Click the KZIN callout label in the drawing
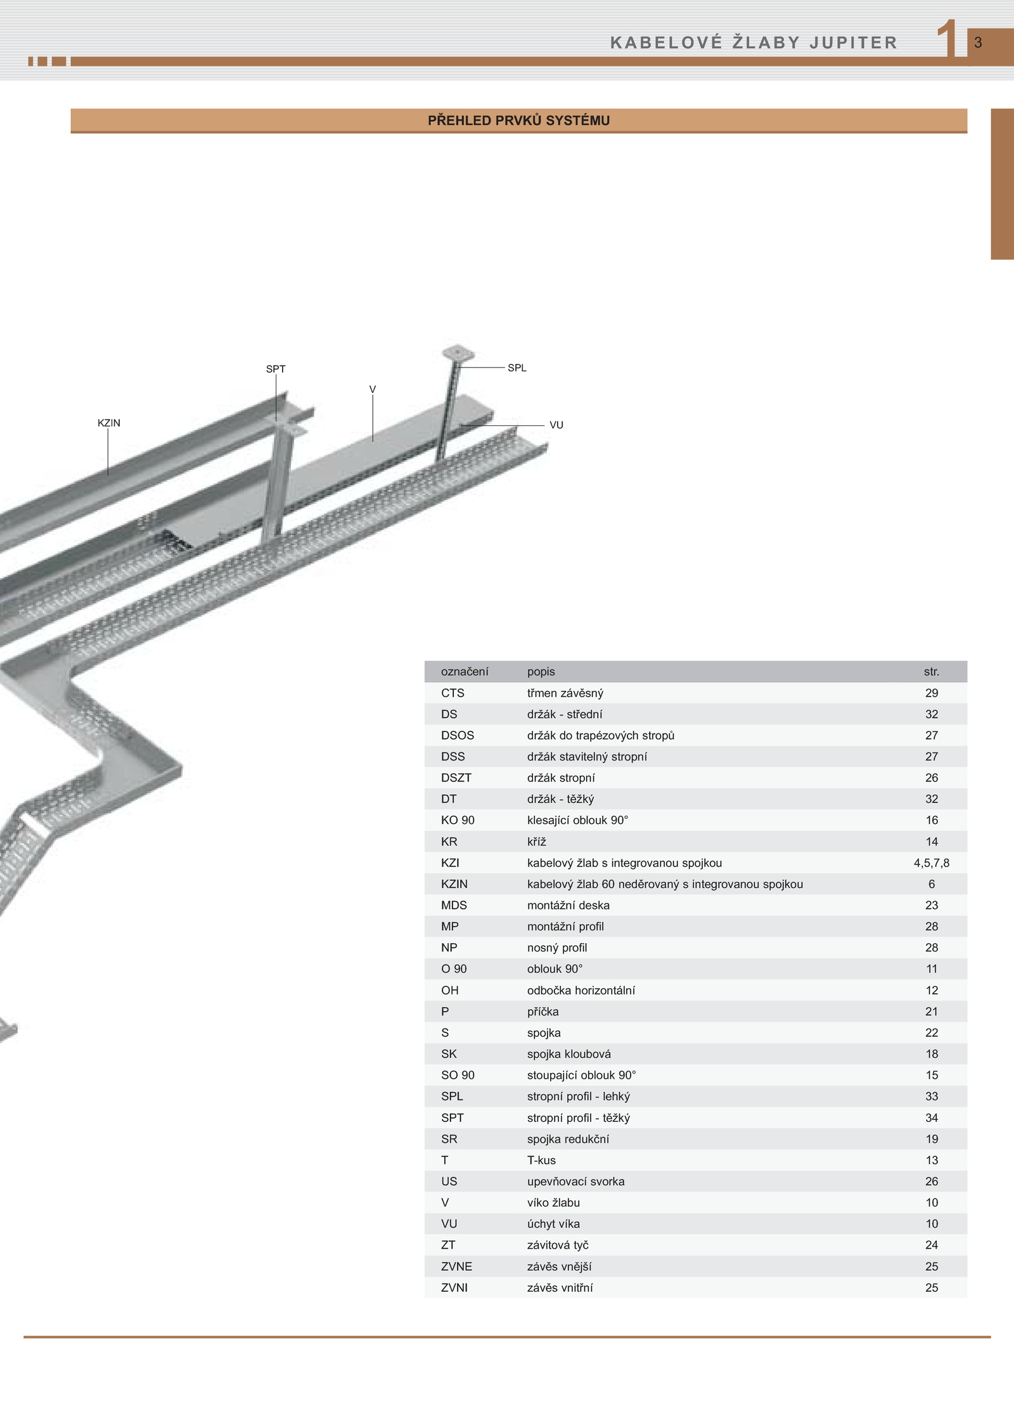(x=109, y=423)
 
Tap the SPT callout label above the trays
(x=276, y=369)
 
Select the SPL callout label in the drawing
(x=517, y=368)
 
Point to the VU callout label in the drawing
(x=556, y=425)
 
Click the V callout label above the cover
(x=373, y=389)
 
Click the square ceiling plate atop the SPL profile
(x=458, y=353)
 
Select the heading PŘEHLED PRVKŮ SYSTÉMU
(x=518, y=120)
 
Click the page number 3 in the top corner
(x=978, y=42)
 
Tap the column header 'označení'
(x=465, y=671)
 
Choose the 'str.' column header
(x=932, y=671)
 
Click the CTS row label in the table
(x=452, y=693)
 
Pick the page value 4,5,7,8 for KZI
(x=932, y=863)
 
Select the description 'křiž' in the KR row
(x=536, y=842)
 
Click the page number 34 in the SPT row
(x=932, y=1117)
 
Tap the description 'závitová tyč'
(x=558, y=1245)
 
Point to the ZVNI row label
(x=454, y=1287)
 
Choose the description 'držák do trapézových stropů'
(x=601, y=735)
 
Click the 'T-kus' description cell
(x=541, y=1160)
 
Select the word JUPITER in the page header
(x=853, y=42)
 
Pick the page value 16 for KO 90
(x=932, y=820)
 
